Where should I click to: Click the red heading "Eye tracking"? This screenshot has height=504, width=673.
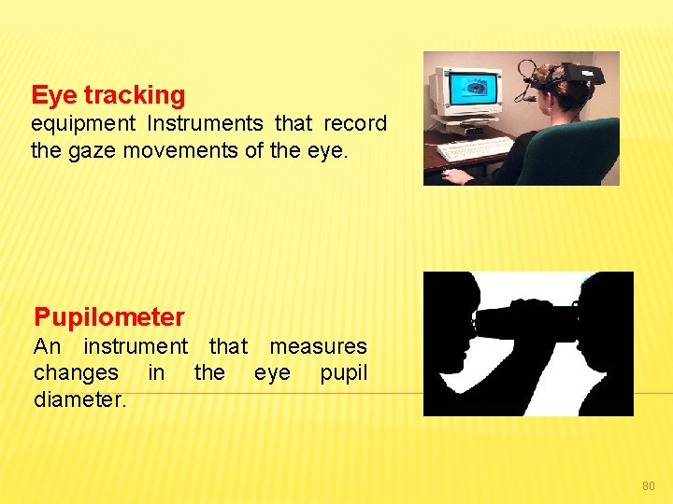pos(108,95)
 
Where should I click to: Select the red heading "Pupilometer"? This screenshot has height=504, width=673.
pos(109,317)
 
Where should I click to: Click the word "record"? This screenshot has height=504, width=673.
pos(355,124)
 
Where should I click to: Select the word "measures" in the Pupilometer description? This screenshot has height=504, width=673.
pos(318,346)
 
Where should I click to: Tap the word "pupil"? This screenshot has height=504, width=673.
pos(343,372)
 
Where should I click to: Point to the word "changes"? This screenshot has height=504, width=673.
pos(76,372)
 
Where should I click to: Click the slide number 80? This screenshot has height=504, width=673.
pos(649,485)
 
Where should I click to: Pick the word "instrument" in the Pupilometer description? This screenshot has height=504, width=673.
pos(136,346)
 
